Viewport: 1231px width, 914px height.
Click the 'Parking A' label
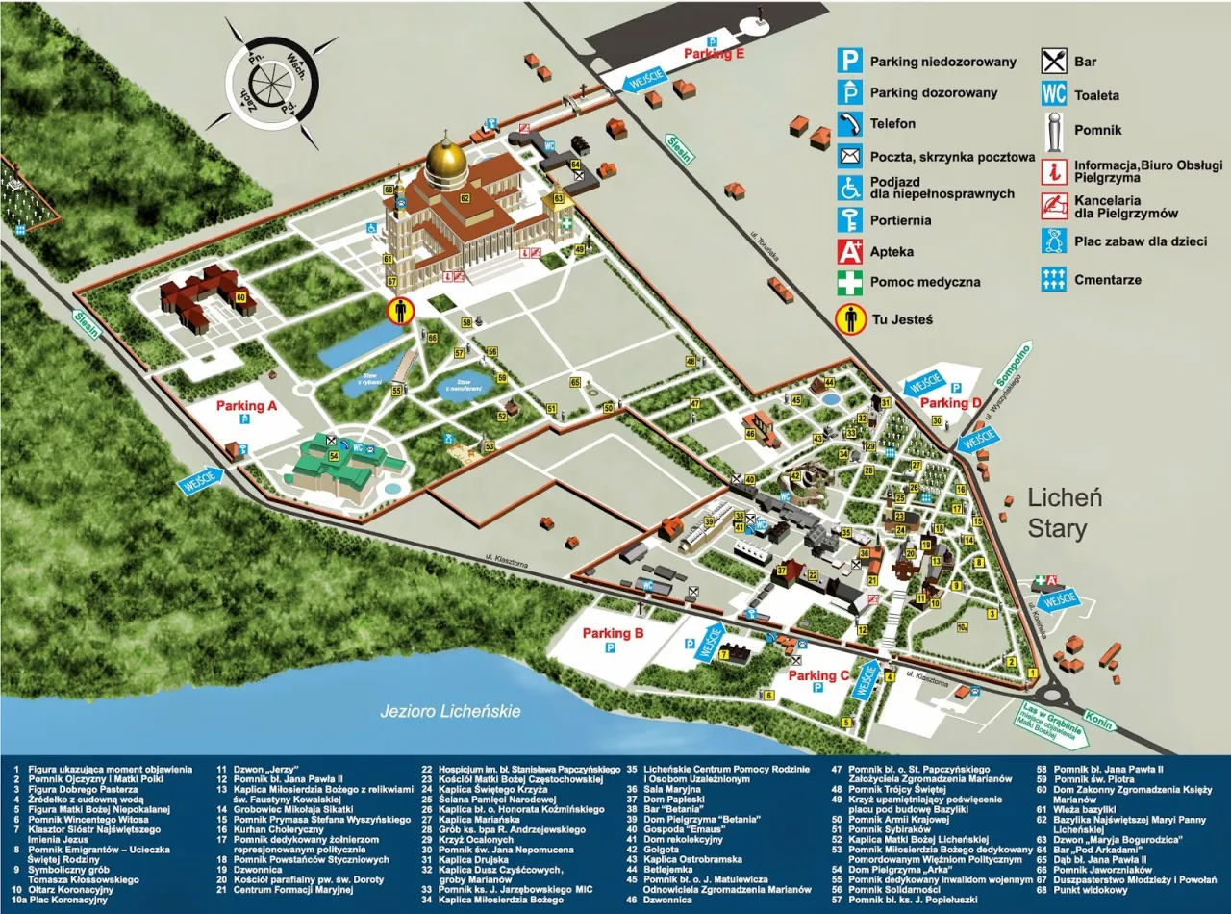click(246, 406)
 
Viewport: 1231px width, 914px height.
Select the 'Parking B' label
click(613, 633)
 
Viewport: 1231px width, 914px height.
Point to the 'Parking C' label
click(818, 675)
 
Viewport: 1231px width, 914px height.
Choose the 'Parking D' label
click(950, 402)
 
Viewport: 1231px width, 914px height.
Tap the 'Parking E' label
click(714, 54)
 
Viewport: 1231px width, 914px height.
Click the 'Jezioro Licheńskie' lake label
click(450, 711)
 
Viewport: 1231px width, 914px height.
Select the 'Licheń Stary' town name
click(1064, 513)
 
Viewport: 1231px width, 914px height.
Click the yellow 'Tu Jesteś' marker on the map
click(400, 311)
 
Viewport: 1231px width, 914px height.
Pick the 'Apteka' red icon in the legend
click(848, 252)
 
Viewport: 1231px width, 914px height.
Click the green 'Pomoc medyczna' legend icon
click(848, 283)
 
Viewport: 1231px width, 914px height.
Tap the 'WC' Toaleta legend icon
click(1054, 94)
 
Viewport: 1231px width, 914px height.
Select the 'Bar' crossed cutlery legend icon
click(1054, 62)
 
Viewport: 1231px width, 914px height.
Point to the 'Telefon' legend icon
click(848, 124)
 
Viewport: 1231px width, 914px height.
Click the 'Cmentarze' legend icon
click(1054, 279)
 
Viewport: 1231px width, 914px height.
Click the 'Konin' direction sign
click(1097, 718)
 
